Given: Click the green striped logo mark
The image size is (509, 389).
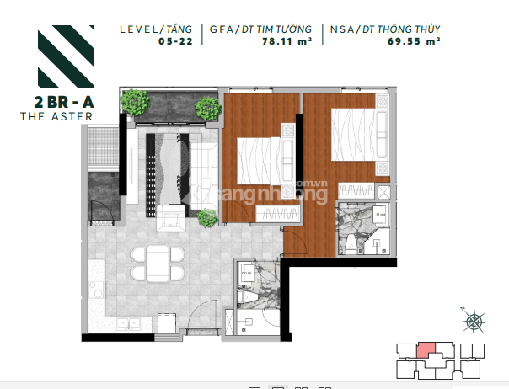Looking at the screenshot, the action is [x=67, y=56].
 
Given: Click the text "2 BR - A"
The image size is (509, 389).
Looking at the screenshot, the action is [x=64, y=102].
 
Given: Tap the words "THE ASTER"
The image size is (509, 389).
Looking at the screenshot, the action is [x=56, y=116].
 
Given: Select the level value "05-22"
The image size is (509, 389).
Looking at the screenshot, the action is [x=175, y=41].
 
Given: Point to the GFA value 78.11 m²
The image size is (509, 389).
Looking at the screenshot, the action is [x=287, y=41].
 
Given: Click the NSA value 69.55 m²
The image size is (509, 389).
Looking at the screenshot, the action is [x=414, y=41].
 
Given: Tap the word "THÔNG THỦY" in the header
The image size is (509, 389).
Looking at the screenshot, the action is [x=409, y=29].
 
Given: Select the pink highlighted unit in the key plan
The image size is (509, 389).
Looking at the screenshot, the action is [x=426, y=350].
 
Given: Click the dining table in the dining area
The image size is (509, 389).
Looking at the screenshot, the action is [x=158, y=264].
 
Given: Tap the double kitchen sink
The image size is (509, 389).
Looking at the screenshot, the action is [x=129, y=324].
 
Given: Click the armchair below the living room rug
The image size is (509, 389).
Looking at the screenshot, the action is [x=171, y=218].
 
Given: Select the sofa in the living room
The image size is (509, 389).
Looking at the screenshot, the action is [x=204, y=177].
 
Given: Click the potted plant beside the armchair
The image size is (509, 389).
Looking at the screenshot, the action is [x=207, y=218].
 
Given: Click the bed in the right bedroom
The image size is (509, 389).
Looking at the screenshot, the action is [x=358, y=135].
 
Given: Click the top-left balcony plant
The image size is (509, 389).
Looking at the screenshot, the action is [x=135, y=102].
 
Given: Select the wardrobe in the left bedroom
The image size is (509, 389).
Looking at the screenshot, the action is [x=277, y=214].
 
